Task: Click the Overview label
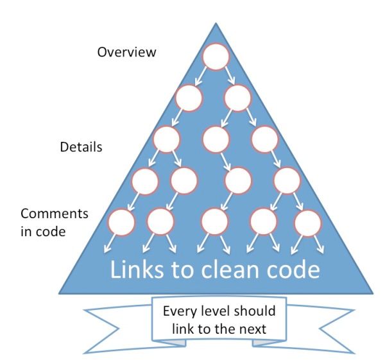(126, 52)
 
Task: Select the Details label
(81, 147)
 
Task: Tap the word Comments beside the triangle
(55, 214)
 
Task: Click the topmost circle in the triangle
(216, 56)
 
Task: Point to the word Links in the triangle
(137, 269)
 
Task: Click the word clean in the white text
(230, 269)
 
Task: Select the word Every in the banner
(180, 311)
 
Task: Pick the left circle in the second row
(189, 98)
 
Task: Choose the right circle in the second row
(237, 98)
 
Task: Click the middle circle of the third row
(216, 139)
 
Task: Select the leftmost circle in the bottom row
(121, 222)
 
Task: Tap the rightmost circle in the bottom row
(307, 223)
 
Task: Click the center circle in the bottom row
(214, 221)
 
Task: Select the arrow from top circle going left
(201, 76)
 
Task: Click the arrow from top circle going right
(230, 76)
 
